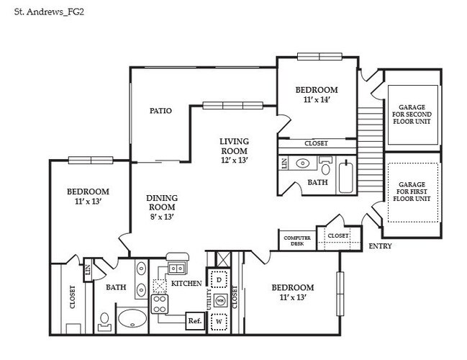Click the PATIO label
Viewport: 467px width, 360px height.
(x=160, y=111)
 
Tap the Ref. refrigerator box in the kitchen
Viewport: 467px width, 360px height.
(x=195, y=320)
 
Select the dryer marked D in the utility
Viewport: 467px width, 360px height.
(x=219, y=279)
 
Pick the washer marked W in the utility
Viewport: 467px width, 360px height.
(x=219, y=322)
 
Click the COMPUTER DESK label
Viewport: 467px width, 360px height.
(x=297, y=240)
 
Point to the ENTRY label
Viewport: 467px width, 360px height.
(x=380, y=246)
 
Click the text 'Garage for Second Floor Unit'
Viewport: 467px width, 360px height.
(x=412, y=114)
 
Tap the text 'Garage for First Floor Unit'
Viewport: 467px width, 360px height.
(x=412, y=192)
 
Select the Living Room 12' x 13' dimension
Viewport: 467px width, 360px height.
(x=235, y=160)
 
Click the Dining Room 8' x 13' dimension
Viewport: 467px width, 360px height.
(x=162, y=217)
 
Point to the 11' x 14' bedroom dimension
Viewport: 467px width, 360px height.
(x=317, y=99)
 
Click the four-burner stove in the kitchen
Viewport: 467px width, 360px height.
(x=160, y=304)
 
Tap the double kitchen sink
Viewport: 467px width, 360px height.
(x=176, y=269)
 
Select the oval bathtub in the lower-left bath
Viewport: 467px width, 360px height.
(x=132, y=318)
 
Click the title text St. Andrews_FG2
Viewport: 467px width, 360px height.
(x=49, y=12)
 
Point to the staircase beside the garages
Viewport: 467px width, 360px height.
(x=370, y=150)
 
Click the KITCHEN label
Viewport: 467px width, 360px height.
(x=186, y=283)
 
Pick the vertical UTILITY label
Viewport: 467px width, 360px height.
(x=209, y=300)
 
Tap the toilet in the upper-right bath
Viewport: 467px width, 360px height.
(x=326, y=167)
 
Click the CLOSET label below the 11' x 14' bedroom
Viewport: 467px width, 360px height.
(x=316, y=143)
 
